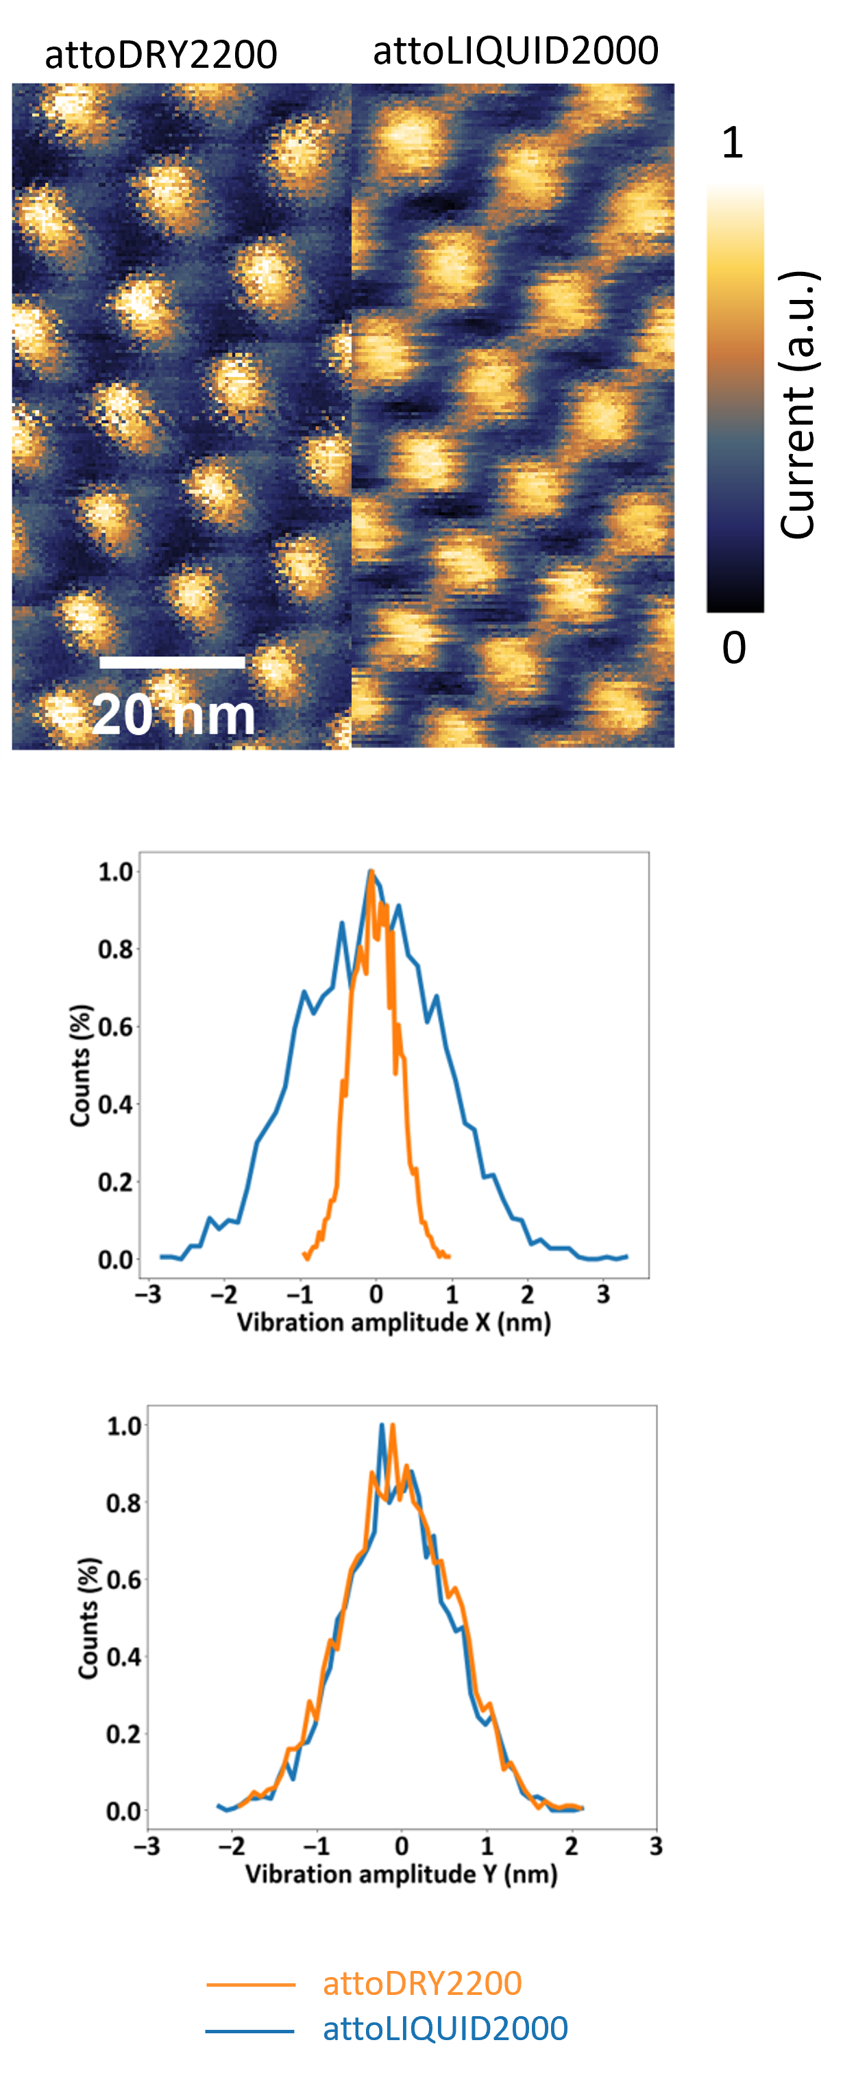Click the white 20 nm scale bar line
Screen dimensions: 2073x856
click(171, 662)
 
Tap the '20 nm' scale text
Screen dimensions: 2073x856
click(173, 714)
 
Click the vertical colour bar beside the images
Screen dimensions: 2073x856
click(735, 394)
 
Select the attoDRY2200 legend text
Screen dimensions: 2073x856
click(422, 1983)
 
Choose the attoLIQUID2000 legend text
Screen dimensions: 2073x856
click(445, 2028)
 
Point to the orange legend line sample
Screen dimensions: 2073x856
click(250, 1985)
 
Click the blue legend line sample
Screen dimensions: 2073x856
click(249, 2031)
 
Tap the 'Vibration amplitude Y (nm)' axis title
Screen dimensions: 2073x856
click(401, 1874)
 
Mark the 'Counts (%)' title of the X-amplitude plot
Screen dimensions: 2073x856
click(80, 1066)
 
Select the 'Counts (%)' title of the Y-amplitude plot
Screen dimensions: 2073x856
click(88, 1618)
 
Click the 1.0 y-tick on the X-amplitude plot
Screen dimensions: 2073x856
click(115, 872)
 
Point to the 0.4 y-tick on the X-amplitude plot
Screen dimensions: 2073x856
click(115, 1104)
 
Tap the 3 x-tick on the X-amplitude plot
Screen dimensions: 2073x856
click(603, 1294)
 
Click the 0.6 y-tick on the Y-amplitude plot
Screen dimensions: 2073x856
click(123, 1579)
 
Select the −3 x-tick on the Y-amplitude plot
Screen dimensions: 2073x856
click(146, 1845)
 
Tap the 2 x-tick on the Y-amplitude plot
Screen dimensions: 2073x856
click(571, 1845)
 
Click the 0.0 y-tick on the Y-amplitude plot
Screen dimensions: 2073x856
click(123, 1811)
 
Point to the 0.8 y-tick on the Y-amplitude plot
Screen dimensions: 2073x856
click(123, 1503)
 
